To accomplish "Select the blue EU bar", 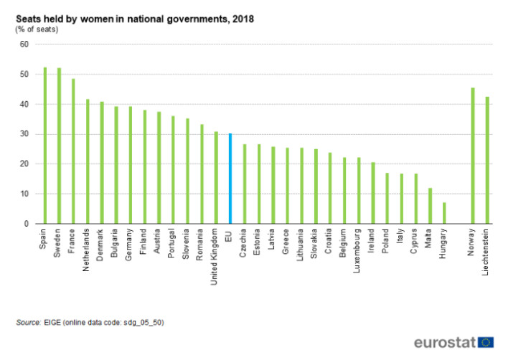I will coord(230,179).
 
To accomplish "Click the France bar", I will coord(73,151).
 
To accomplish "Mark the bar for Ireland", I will coord(372,193).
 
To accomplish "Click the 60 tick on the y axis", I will coord(24,44).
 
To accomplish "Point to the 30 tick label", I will coord(24,134).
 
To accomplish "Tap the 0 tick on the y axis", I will coord(26,224).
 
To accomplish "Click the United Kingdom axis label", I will coord(215,257).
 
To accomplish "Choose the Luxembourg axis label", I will coord(358,250).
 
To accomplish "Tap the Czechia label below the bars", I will coord(244,243).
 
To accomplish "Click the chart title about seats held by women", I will coord(134,19).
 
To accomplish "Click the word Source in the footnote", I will coord(28,323).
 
